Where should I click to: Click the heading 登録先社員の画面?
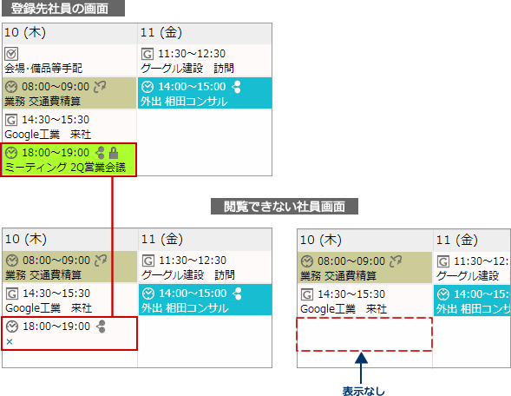click(60, 9)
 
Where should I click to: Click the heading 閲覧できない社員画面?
click(285, 207)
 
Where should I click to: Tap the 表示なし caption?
click(364, 391)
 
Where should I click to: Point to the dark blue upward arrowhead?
click(361, 358)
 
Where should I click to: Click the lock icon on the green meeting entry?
click(114, 153)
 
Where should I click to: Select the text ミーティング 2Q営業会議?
click(65, 168)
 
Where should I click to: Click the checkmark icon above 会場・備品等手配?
click(11, 54)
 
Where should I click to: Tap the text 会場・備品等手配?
click(43, 69)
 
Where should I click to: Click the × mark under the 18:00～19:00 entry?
click(10, 341)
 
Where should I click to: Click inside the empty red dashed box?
click(364, 334)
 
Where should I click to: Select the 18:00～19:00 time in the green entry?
click(56, 153)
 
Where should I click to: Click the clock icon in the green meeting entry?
click(11, 153)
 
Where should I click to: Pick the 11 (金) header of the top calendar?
click(161, 32)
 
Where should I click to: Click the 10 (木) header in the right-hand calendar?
click(321, 240)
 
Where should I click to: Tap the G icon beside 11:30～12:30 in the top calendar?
click(147, 54)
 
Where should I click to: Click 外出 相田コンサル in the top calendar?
click(184, 102)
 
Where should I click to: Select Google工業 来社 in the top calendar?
click(48, 135)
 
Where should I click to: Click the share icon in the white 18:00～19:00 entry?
click(101, 327)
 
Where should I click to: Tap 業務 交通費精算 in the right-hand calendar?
click(338, 276)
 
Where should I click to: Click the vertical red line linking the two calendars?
click(113, 247)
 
